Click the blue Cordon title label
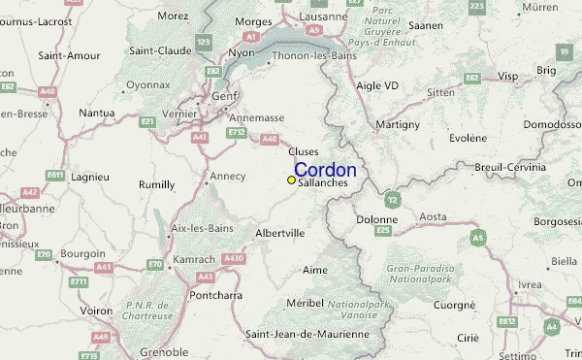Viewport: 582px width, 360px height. (x=325, y=170)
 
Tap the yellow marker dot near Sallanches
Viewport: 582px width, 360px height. (x=291, y=180)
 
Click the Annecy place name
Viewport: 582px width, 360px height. (x=228, y=177)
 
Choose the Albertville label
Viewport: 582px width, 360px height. (x=280, y=234)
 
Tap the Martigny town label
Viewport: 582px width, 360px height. (x=399, y=124)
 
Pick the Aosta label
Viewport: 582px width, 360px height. (x=433, y=216)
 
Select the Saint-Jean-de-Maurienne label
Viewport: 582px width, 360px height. (x=307, y=334)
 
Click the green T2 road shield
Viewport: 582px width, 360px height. (x=391, y=200)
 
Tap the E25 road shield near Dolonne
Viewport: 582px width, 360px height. (x=383, y=231)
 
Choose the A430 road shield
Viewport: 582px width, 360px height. (x=233, y=258)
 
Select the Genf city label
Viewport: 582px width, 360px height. (x=226, y=97)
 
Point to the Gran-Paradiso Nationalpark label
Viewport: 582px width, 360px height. (x=420, y=273)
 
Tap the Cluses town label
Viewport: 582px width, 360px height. (x=303, y=151)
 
